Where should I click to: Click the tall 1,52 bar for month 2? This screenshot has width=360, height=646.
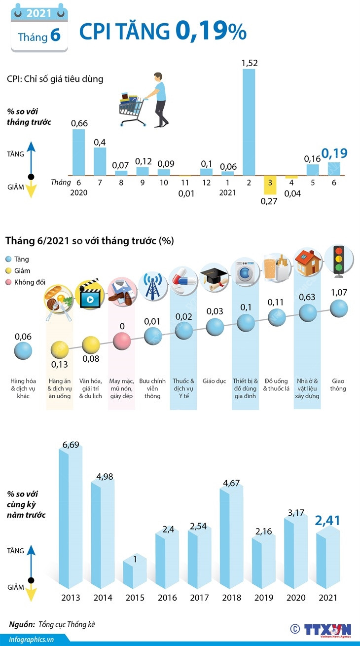tap(249, 121)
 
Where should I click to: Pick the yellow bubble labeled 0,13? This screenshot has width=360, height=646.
tap(60, 349)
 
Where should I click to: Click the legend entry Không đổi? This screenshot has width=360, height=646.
tap(30, 282)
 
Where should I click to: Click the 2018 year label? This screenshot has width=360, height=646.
tap(231, 598)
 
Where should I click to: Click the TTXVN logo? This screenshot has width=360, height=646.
tap(326, 630)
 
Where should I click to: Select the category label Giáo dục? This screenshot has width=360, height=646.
tap(214, 381)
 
